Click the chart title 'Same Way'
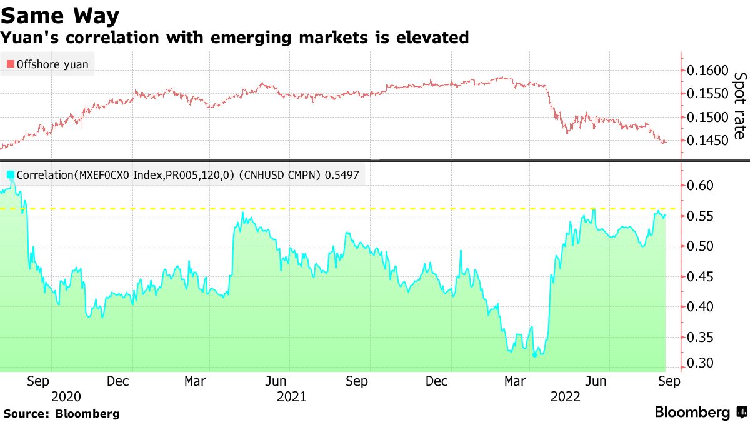pos(61,14)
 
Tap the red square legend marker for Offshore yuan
pos(10,64)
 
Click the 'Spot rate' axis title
pos(739,106)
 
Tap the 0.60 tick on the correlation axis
pos(700,186)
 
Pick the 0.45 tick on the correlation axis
pos(700,277)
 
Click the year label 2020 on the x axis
pos(66,397)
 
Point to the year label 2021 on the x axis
pos(291,397)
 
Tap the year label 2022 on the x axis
pos(566,397)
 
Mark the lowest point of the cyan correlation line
pos(534,355)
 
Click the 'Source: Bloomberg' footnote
pos(61,413)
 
